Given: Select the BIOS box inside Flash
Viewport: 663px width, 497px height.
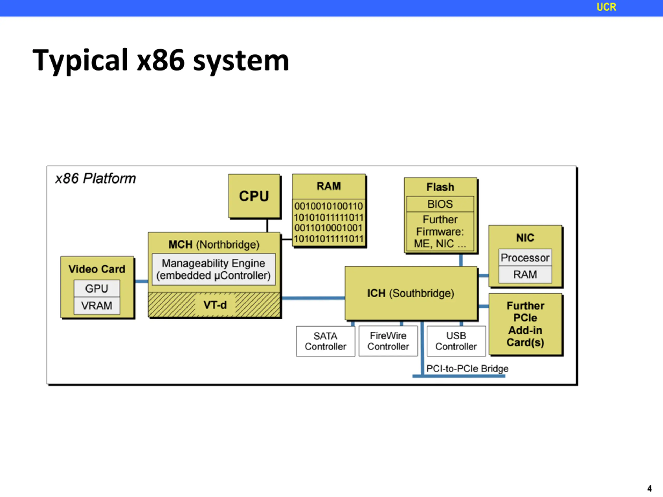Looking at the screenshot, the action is point(440,204).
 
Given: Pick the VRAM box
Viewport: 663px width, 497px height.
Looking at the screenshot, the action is point(97,305).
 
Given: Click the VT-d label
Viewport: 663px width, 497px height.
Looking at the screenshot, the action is point(215,305).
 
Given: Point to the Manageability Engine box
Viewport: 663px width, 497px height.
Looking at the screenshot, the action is point(214,269).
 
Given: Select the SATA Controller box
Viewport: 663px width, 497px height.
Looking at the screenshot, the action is point(326,341).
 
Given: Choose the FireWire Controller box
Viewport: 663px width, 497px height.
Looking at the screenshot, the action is point(388,341).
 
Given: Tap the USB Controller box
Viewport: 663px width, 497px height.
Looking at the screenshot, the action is point(456,341).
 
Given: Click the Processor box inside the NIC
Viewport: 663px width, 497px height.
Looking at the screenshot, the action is point(525,257).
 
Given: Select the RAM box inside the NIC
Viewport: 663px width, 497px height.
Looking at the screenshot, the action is point(525,274).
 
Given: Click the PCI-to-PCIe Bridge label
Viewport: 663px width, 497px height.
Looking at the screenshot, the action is point(467,369).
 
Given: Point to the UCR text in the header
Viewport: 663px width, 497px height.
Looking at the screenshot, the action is point(606,7).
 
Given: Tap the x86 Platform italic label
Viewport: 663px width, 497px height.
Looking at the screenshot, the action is point(96,179).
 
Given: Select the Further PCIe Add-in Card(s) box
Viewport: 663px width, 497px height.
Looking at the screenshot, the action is point(525,324).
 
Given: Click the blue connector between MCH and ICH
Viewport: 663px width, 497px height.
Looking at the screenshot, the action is point(313,298).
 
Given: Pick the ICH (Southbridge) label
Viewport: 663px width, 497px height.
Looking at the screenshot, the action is point(411,293).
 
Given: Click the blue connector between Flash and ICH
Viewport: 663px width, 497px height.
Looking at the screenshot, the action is point(461,260).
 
